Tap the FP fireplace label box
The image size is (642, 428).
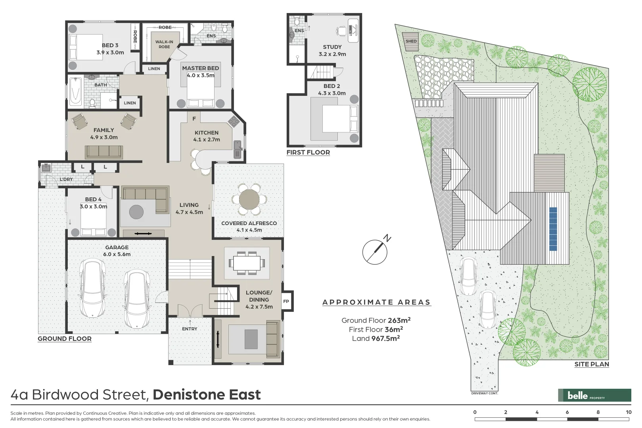click(286, 302)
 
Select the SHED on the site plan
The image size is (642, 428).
click(411, 41)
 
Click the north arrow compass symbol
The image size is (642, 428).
click(375, 251)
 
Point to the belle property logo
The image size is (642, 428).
click(594, 395)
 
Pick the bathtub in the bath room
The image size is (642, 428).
click(75, 92)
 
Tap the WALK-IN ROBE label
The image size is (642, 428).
click(164, 44)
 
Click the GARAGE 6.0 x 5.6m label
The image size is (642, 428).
click(117, 251)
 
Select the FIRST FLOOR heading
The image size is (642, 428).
click(308, 153)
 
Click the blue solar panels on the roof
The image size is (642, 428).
click(553, 229)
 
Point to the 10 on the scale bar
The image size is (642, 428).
click(628, 412)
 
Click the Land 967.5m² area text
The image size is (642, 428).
click(376, 338)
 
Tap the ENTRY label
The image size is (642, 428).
click(190, 329)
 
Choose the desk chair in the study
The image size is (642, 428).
click(341, 30)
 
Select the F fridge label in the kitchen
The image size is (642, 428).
click(194, 118)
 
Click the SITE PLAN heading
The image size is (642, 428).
click(592, 365)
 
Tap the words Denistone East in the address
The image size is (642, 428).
click(207, 395)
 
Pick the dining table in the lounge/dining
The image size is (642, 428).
click(247, 262)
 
